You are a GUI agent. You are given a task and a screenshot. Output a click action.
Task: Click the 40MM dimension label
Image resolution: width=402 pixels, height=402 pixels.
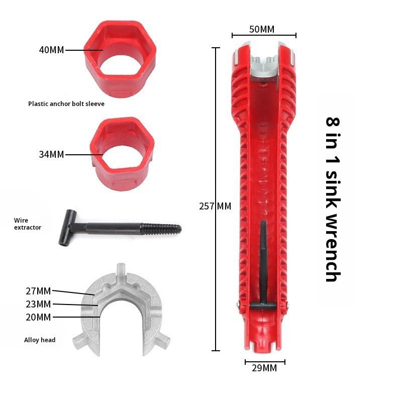51,50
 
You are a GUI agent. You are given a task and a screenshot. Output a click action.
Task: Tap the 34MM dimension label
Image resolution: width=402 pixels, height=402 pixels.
51,154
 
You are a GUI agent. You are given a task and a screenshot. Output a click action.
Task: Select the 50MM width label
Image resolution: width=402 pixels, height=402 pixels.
262,29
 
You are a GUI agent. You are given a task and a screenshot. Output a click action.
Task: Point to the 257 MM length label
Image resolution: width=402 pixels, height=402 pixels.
215,206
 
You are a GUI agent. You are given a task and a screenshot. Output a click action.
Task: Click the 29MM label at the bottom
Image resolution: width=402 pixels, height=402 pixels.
264,368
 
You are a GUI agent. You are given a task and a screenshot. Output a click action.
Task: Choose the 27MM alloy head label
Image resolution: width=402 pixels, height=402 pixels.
38,291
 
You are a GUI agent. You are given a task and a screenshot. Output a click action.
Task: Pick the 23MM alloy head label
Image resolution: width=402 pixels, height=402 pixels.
38,304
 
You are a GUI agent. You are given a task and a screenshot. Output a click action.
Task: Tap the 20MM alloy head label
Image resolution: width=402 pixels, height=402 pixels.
38,317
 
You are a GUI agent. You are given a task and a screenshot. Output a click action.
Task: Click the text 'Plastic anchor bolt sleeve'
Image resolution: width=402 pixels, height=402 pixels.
66,104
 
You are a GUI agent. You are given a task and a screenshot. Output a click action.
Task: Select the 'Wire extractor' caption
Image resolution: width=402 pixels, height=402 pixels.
28,224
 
